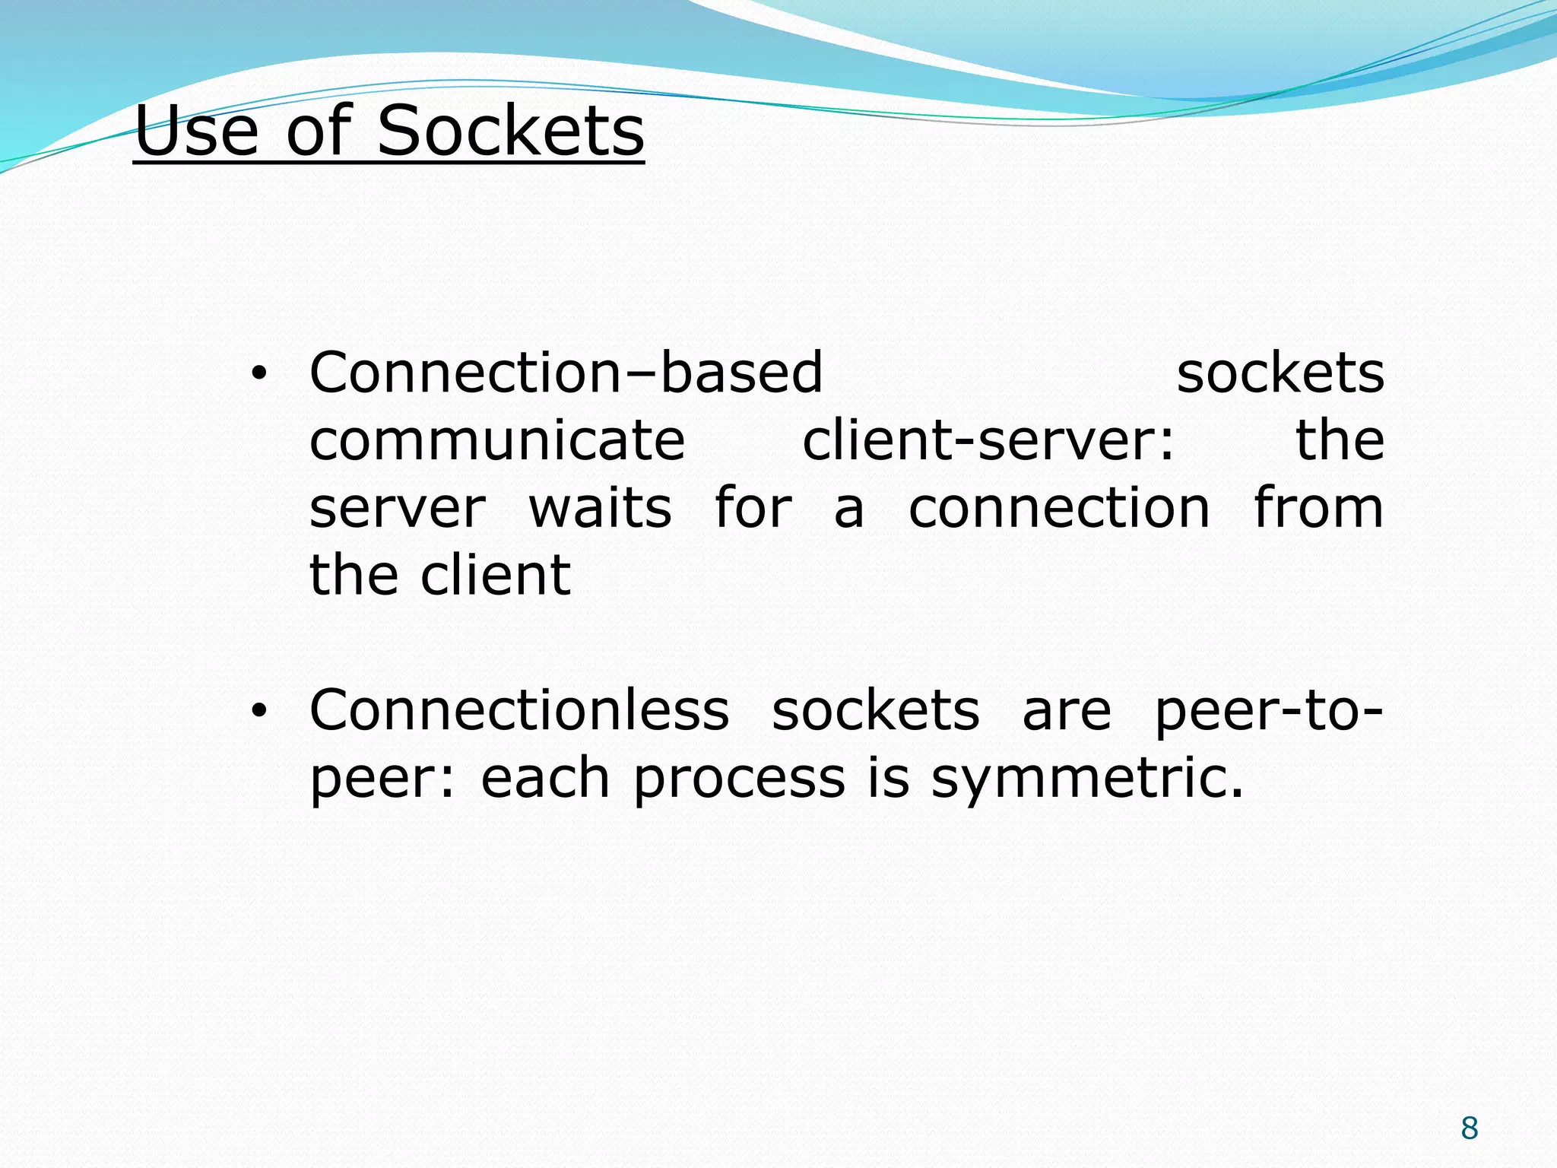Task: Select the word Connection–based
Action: [566, 373]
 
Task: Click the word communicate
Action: [497, 440]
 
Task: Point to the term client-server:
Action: [988, 440]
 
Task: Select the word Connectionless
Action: [519, 710]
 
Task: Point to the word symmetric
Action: [1087, 779]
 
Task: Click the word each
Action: [545, 779]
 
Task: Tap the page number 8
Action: [1469, 1128]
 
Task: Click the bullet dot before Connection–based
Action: [259, 373]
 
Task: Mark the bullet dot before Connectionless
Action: [259, 711]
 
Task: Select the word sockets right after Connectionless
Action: [876, 710]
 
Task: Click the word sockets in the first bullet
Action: [1280, 373]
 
